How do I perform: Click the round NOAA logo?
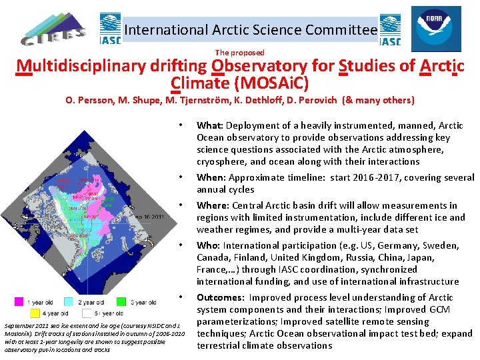(435, 28)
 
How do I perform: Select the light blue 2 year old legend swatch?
(75, 303)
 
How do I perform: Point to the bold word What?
(209, 125)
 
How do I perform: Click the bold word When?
(211, 177)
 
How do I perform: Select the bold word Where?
(213, 205)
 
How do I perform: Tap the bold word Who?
(208, 245)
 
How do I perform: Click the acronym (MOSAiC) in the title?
(272, 84)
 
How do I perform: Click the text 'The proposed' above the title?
(239, 52)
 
